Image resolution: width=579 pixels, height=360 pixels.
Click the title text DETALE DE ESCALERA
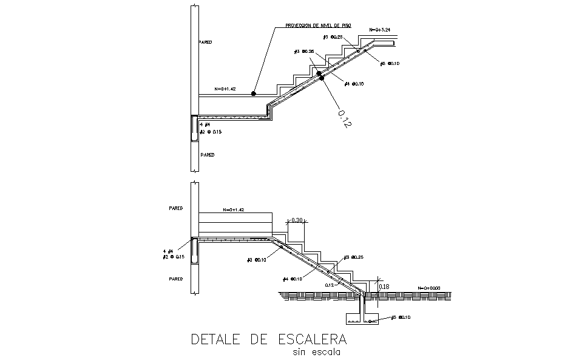tap(269, 338)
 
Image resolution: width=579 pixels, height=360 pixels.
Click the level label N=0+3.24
tap(383, 29)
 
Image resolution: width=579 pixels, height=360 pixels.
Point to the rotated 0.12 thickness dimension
tap(343, 118)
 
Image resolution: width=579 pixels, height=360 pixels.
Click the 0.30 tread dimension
tap(298, 220)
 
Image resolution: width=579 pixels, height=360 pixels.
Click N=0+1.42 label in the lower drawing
tap(233, 209)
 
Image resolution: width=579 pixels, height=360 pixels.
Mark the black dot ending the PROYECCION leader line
tap(255, 93)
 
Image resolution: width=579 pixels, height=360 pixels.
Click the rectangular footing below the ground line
tap(361, 319)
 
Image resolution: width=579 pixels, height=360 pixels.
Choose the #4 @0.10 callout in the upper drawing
tap(354, 84)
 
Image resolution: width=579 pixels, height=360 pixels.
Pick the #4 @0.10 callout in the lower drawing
tap(293, 279)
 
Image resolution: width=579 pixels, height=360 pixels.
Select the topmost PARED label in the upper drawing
tap(206, 42)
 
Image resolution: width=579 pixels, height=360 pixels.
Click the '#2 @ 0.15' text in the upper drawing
tap(208, 131)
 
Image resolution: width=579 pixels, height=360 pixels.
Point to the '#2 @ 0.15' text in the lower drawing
tap(173, 257)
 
